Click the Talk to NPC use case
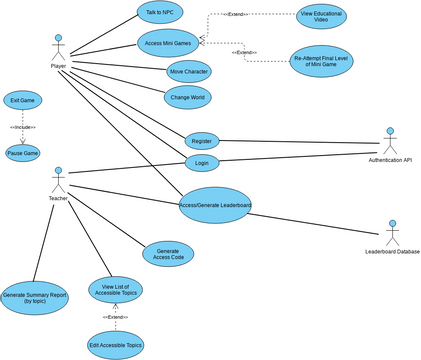coord(160,12)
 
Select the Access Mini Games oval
coord(167,42)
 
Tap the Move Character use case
coord(189,72)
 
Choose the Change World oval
coord(187,97)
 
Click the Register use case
coord(202,141)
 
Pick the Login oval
coord(202,162)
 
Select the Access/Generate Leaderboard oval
coord(215,205)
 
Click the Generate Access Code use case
coord(168,254)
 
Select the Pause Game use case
coord(23,153)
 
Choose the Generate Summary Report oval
coord(35,296)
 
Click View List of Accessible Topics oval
coord(115,290)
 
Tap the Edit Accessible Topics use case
coord(115,344)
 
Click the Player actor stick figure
coord(58,46)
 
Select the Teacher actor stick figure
coord(58,179)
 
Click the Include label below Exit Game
coord(23,128)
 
